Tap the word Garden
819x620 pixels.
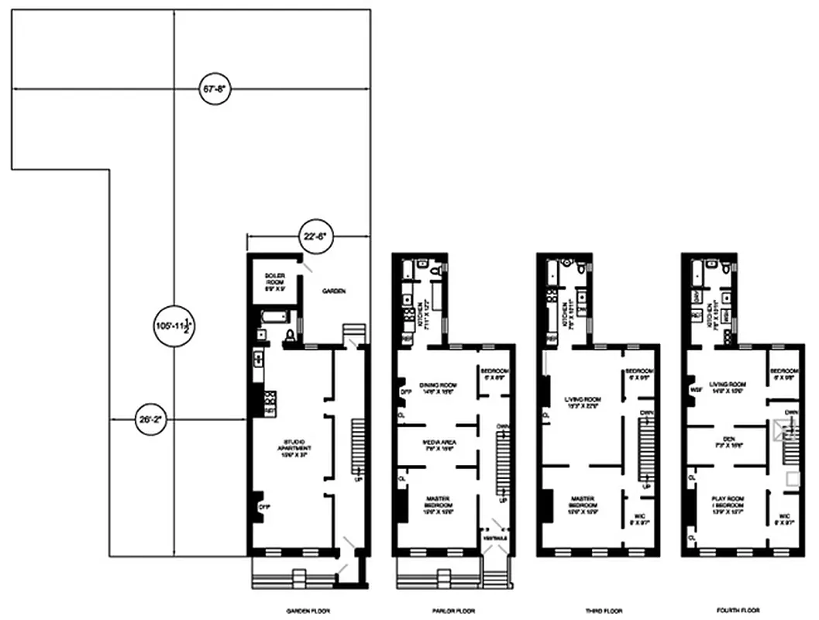(x=335, y=291)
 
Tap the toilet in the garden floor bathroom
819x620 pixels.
(x=290, y=335)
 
